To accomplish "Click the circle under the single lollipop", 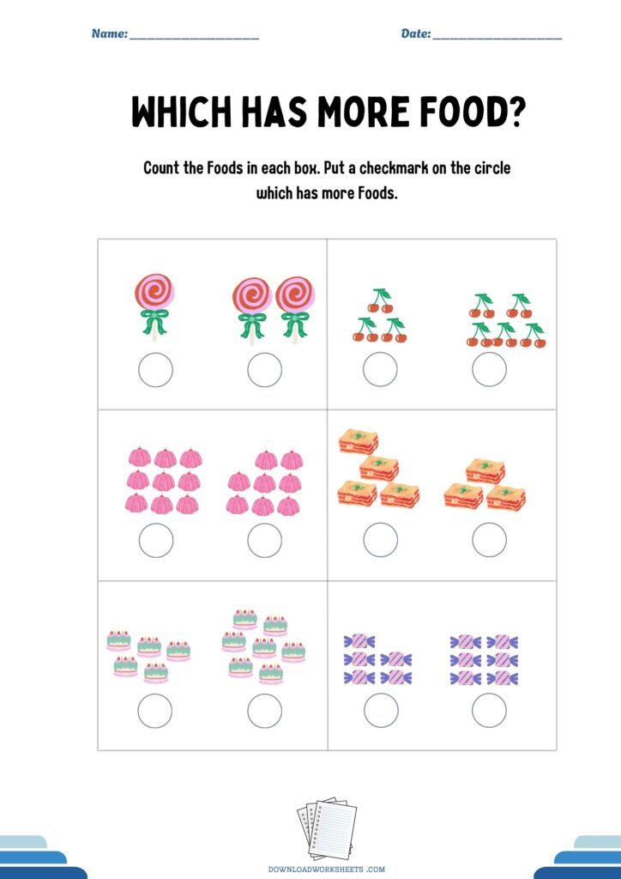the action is pyautogui.click(x=155, y=370).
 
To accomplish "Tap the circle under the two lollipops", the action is pyautogui.click(x=264, y=370).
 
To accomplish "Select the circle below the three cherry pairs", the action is pyautogui.click(x=380, y=369).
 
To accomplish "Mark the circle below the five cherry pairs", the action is pyautogui.click(x=490, y=369).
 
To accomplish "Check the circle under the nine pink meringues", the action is pyautogui.click(x=155, y=541).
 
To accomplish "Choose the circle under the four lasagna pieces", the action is pyautogui.click(x=381, y=540).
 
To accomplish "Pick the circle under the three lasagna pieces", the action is pyautogui.click(x=490, y=540).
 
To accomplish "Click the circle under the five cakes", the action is pyautogui.click(x=155, y=711).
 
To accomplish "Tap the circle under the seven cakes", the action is pyautogui.click(x=265, y=711).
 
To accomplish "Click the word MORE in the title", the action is pyautogui.click(x=365, y=111).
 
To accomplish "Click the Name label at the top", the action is pyautogui.click(x=110, y=33).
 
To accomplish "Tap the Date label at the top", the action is pyautogui.click(x=416, y=33).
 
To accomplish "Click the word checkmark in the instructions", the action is pyautogui.click(x=395, y=167).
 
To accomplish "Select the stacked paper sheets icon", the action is pyautogui.click(x=327, y=828).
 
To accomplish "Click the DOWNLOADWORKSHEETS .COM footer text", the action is pyautogui.click(x=327, y=870).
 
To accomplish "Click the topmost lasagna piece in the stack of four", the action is pyautogui.click(x=358, y=440).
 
